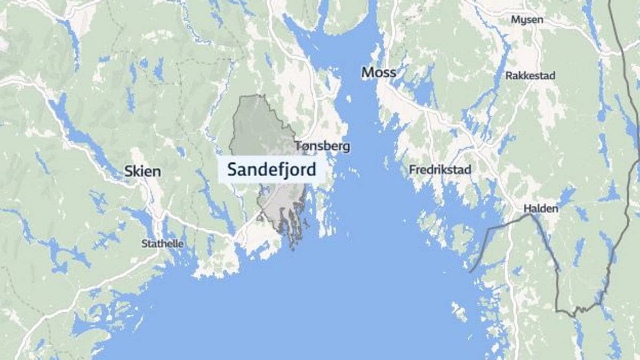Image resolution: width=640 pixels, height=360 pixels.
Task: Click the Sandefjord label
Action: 271,170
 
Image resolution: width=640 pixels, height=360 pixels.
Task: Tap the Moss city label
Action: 379,73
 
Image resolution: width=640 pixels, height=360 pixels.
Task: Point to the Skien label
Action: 142,171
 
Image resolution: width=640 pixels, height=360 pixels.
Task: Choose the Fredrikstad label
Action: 440,170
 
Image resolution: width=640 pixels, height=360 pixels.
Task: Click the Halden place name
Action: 541,209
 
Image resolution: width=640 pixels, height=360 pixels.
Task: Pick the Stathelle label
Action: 162,244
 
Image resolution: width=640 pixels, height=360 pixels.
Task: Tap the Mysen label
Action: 527,20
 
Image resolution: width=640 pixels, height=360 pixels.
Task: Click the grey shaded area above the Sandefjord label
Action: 256,128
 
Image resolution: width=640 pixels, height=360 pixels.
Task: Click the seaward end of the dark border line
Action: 470,272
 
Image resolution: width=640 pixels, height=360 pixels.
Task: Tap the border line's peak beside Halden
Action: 530,214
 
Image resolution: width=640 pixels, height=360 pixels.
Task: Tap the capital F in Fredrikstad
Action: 412,170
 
